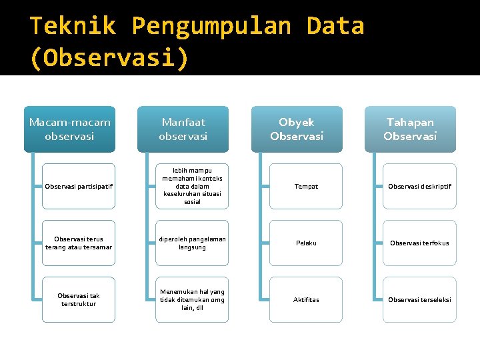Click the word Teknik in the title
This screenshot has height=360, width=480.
(73, 26)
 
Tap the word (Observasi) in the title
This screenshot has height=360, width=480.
(109, 57)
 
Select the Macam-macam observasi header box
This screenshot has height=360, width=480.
(69, 129)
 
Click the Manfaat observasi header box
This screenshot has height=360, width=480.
(183, 129)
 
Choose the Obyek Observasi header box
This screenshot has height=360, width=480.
(297, 129)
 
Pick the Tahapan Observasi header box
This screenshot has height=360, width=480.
(410, 129)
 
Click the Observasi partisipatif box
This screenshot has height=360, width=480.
(79, 186)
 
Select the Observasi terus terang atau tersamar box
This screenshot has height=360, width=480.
(79, 243)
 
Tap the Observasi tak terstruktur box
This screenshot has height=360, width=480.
(79, 299)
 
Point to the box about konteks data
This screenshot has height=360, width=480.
(192, 186)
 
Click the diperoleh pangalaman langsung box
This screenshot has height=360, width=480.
(192, 243)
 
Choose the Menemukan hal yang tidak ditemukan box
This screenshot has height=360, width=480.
(192, 299)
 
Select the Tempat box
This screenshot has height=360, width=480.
(306, 186)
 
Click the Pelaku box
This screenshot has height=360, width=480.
(306, 243)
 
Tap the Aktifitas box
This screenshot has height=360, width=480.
(306, 299)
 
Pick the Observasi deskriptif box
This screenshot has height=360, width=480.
(420, 186)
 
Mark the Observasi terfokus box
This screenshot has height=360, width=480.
(420, 243)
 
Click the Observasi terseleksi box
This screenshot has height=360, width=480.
(420, 299)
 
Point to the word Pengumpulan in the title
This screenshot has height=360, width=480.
(211, 26)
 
